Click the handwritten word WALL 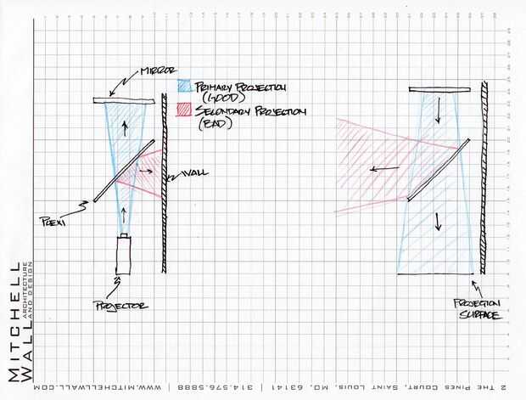pos(194,173)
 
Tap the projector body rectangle pos(125,255)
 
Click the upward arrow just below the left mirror pos(126,127)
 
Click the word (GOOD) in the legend pos(213,100)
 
